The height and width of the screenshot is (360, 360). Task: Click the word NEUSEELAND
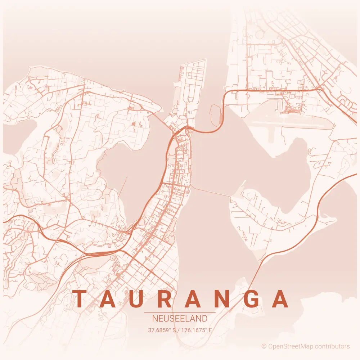click(x=180, y=319)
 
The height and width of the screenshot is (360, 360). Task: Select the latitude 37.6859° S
click(x=162, y=330)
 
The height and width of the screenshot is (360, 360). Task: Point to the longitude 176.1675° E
click(x=197, y=330)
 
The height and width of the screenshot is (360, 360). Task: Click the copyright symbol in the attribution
click(x=264, y=347)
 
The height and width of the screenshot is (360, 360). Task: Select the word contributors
click(x=332, y=347)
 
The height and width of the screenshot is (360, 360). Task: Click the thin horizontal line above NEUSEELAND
click(x=180, y=313)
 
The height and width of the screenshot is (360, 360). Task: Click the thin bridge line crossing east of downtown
click(x=211, y=192)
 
